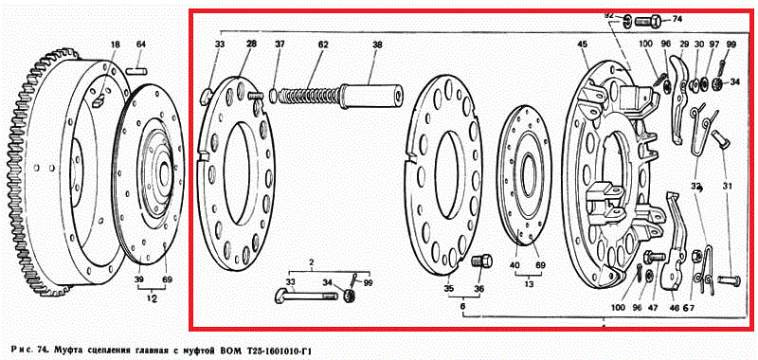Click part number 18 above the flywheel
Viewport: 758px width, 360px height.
pyautogui.click(x=115, y=45)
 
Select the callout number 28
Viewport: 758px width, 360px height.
pyautogui.click(x=251, y=45)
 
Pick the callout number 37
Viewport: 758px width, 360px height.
pyautogui.click(x=280, y=45)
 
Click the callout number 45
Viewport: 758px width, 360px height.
pyautogui.click(x=582, y=45)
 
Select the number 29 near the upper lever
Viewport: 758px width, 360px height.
pyautogui.click(x=683, y=44)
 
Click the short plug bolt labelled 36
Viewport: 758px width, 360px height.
pyautogui.click(x=481, y=261)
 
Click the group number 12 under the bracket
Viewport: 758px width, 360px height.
pyautogui.click(x=152, y=299)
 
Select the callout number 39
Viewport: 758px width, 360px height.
pyautogui.click(x=139, y=279)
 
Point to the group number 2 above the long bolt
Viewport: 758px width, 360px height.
pyautogui.click(x=312, y=262)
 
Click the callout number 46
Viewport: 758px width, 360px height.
pyautogui.click(x=674, y=307)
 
